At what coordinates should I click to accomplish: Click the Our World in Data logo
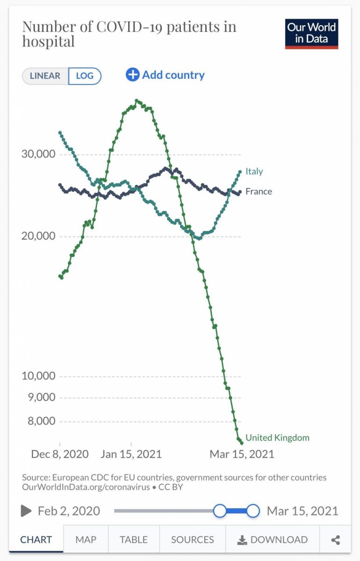(311, 34)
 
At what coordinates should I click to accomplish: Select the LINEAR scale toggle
(45, 76)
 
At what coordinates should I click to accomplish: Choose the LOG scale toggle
(85, 76)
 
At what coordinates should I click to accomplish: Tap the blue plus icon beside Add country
(133, 75)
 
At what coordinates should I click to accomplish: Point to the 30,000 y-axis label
(38, 154)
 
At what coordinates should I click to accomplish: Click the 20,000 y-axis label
(38, 236)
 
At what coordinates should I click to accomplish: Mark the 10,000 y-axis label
(38, 376)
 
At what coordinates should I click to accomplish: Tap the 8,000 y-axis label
(41, 421)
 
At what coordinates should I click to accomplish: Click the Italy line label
(254, 172)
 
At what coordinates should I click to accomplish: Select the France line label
(259, 191)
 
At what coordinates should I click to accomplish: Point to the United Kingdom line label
(277, 438)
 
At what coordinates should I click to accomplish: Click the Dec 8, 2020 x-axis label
(59, 454)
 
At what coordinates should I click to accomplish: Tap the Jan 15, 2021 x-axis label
(131, 454)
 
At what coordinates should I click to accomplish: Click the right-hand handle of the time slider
(253, 511)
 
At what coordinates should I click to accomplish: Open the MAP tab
(86, 540)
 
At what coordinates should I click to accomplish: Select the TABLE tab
(134, 540)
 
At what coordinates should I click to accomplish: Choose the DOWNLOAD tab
(273, 540)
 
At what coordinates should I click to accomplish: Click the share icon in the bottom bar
(335, 540)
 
